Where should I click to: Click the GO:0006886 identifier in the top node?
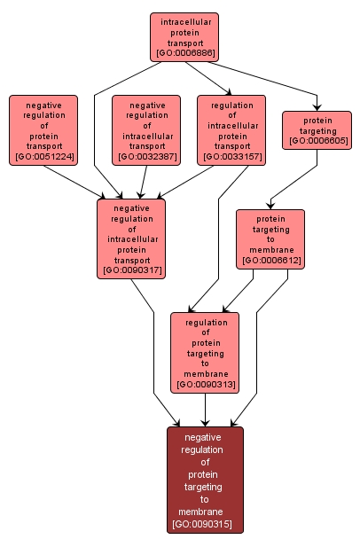pyautogui.click(x=184, y=53)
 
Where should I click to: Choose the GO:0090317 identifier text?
pyautogui.click(x=132, y=270)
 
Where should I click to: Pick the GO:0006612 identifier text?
pyautogui.click(x=270, y=262)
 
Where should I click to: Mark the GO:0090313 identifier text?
pyautogui.click(x=206, y=386)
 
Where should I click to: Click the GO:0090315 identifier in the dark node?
pyautogui.click(x=206, y=525)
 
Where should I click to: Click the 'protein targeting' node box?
pyautogui.click(x=317, y=129)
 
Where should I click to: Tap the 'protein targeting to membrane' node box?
pyautogui.click(x=270, y=238)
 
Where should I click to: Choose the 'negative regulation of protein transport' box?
pyautogui.click(x=43, y=129)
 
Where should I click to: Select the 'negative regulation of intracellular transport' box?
pyautogui.click(x=146, y=129)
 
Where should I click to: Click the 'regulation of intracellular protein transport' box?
pyautogui.click(x=231, y=129)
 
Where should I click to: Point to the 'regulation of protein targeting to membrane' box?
pyautogui.click(x=206, y=351)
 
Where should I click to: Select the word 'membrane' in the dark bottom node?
pyautogui.click(x=206, y=512)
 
